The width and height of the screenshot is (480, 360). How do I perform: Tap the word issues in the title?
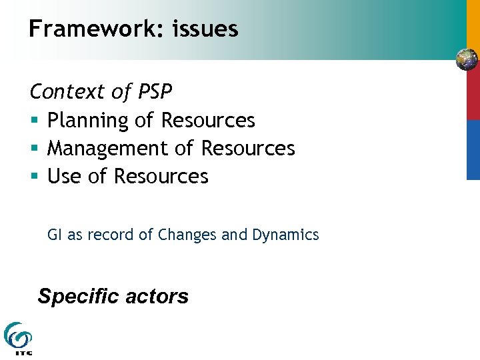point(205,29)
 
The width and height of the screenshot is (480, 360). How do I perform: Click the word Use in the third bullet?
point(64,177)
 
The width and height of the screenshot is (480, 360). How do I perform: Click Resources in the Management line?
point(248,149)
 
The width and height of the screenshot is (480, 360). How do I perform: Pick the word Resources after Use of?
point(161,177)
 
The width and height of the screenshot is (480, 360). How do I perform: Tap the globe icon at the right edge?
point(467,60)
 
